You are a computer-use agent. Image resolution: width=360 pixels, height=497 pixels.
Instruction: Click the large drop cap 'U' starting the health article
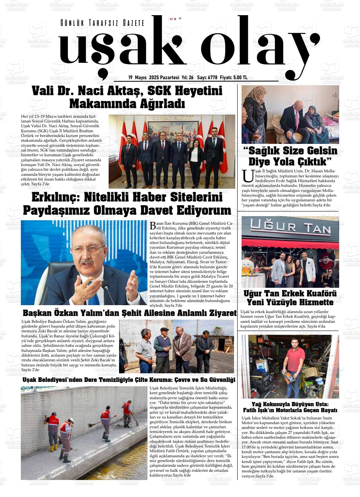pos(248,176)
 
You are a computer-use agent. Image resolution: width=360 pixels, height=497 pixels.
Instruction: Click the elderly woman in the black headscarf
pos(314,118)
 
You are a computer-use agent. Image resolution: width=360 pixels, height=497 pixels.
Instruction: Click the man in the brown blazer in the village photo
pos(179,347)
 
